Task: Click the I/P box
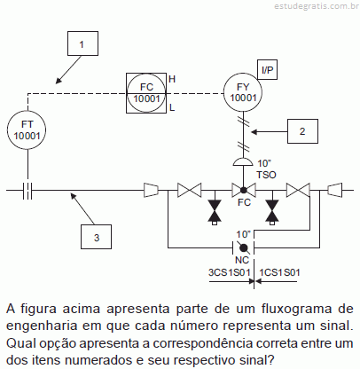pos(268,69)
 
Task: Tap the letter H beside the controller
pos(172,79)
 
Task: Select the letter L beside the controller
pos(172,107)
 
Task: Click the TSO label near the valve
pos(266,175)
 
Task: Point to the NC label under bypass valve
pos(242,260)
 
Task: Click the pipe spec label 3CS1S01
pos(230,272)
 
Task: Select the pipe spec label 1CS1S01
pos(279,272)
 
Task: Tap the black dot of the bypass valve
pos(244,247)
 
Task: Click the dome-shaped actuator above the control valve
pos(243,162)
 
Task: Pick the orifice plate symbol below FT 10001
pos(27,190)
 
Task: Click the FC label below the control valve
pos(244,202)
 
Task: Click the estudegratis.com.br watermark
pos(317,6)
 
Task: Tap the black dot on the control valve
pos(243,190)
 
